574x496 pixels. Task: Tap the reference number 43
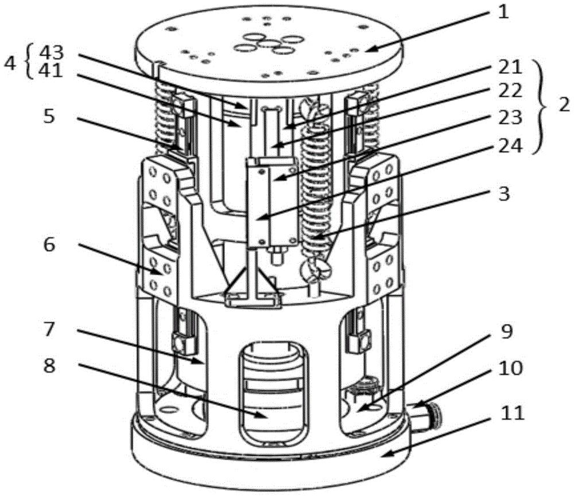click(x=52, y=53)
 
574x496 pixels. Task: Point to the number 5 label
click(x=49, y=116)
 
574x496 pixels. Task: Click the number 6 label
click(x=49, y=244)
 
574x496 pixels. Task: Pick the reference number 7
click(x=49, y=329)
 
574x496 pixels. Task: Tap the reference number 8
click(x=49, y=365)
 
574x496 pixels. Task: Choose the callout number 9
click(x=507, y=331)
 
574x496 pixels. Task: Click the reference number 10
click(x=511, y=368)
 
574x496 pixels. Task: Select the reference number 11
click(x=513, y=413)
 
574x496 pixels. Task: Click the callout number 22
click(x=510, y=91)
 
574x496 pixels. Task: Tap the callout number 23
click(x=510, y=118)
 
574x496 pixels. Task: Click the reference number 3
click(x=504, y=194)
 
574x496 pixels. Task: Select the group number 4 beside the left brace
click(x=10, y=64)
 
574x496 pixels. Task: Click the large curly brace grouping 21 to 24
click(x=545, y=107)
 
